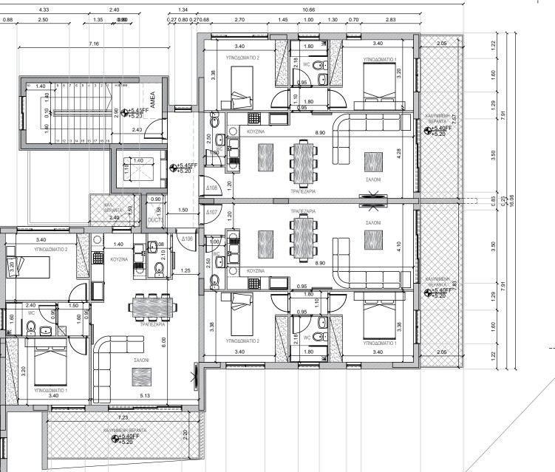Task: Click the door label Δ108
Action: pos(211,188)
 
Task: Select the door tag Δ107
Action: pos(211,212)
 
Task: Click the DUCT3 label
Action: pos(155,219)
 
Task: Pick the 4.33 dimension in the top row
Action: pos(43,10)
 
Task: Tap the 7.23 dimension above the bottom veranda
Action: pos(122,417)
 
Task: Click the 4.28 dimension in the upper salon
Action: pos(399,153)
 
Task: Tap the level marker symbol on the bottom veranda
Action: pos(115,438)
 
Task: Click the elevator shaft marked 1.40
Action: pos(137,171)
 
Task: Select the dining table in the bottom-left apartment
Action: pos(153,305)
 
